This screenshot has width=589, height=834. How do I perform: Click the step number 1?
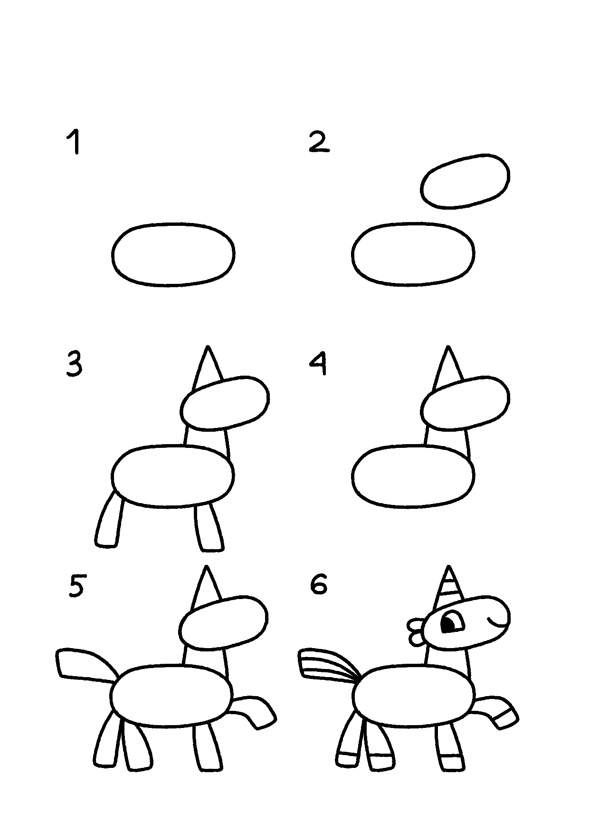[74, 142]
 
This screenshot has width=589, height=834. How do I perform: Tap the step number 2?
[319, 142]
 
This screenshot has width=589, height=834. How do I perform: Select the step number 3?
[74, 365]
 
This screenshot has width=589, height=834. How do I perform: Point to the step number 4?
[318, 364]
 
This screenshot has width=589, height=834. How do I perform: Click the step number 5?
[76, 585]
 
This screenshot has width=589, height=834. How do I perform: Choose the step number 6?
[319, 584]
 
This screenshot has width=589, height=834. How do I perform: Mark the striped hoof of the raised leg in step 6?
[504, 718]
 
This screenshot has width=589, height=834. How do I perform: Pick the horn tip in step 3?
[207, 346]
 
